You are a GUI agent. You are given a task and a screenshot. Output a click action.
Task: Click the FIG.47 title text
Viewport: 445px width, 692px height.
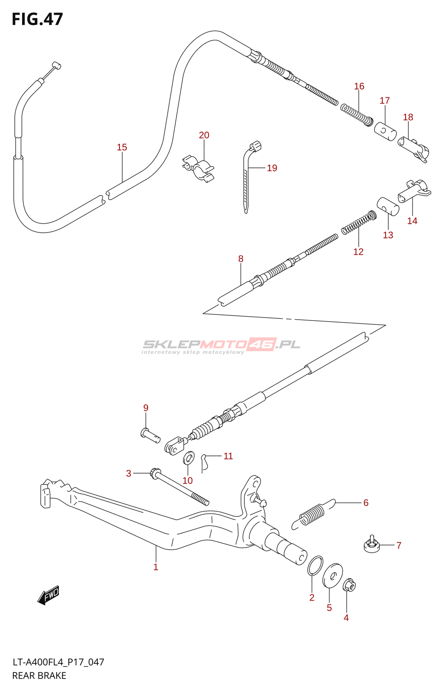point(37,19)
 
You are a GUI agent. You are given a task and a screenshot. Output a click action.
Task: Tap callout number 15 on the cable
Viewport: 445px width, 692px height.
point(122,147)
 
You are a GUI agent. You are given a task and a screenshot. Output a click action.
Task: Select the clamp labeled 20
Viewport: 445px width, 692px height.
point(198,168)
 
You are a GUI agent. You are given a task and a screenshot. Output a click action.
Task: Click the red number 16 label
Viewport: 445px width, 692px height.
point(359,86)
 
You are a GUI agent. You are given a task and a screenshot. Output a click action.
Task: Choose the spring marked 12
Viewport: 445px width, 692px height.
point(359,223)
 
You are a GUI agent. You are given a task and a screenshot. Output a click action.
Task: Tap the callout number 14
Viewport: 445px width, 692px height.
point(412,221)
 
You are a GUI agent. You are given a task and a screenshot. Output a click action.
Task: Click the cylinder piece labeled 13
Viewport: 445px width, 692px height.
point(388,206)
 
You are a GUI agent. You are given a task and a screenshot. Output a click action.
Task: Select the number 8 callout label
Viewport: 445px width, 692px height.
point(241,259)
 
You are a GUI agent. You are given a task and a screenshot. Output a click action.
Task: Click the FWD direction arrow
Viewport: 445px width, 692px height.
point(48,595)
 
